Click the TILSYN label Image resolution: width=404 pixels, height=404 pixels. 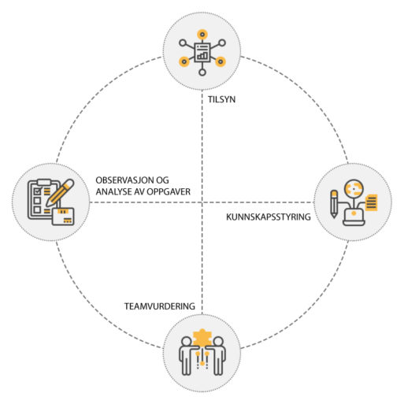click(x=221, y=99)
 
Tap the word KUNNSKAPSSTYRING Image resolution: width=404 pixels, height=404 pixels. click(x=269, y=217)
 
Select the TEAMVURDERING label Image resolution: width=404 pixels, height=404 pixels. click(x=160, y=306)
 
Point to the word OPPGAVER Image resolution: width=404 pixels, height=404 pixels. click(x=169, y=192)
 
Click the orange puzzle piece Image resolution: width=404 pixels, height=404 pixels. click(x=202, y=337)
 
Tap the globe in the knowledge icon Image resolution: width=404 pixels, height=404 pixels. click(x=354, y=188)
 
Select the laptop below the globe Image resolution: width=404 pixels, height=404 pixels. click(x=354, y=217)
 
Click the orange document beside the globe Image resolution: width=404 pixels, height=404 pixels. click(x=371, y=202)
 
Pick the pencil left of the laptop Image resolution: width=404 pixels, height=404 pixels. click(x=334, y=204)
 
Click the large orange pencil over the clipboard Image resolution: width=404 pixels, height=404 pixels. click(x=60, y=193)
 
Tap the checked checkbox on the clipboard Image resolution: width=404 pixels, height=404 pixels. click(x=38, y=191)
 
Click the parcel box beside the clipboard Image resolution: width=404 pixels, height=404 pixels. click(x=63, y=217)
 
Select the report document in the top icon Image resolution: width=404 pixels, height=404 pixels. click(x=202, y=53)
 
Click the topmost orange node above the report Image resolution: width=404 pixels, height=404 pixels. click(x=202, y=35)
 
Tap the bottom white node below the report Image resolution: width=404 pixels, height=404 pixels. click(x=202, y=72)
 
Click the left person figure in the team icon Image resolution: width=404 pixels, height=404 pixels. click(x=186, y=356)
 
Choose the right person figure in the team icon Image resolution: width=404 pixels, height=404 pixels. click(x=218, y=356)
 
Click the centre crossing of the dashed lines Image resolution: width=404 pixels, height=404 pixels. click(x=202, y=202)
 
